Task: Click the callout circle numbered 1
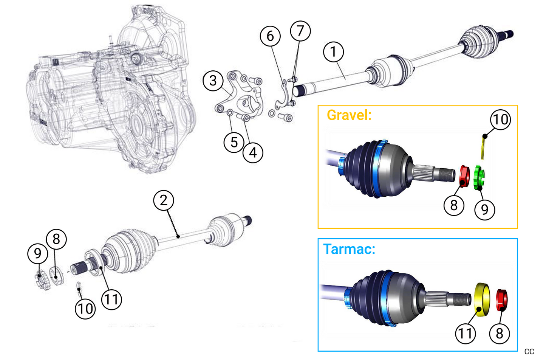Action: pyautogui.click(x=333, y=52)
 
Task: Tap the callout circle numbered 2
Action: pyautogui.click(x=164, y=200)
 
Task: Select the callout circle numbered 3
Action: pyautogui.click(x=213, y=81)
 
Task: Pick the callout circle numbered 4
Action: pyautogui.click(x=253, y=153)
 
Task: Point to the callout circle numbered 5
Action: pyautogui.click(x=234, y=143)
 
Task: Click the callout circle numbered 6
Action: pyautogui.click(x=270, y=36)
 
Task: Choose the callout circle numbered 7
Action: pyautogui.click(x=300, y=31)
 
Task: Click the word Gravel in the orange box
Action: pyautogui.click(x=349, y=115)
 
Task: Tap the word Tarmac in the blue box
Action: pyautogui.click(x=349, y=249)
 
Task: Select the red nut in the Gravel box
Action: pyautogui.click(x=464, y=176)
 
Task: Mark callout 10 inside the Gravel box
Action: pyautogui.click(x=501, y=119)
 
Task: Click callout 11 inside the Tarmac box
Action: pyautogui.click(x=466, y=334)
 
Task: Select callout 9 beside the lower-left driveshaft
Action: pyautogui.click(x=38, y=253)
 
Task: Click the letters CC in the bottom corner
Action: pyautogui.click(x=529, y=352)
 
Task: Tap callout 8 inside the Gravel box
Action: pyautogui.click(x=454, y=205)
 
